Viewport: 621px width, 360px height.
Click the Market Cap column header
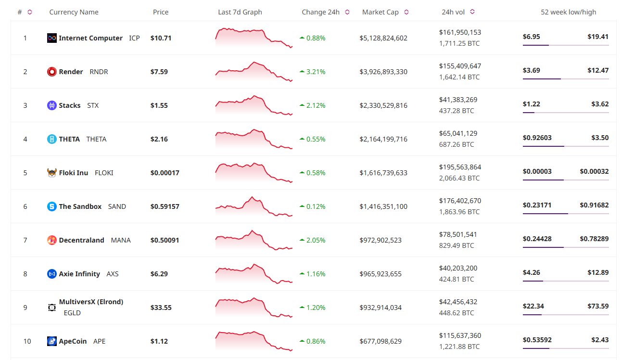click(x=380, y=12)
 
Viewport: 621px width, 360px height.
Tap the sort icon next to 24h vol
click(x=472, y=12)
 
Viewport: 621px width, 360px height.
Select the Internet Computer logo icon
click(x=52, y=38)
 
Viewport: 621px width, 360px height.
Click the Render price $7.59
click(x=159, y=72)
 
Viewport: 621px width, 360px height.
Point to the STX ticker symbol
click(x=93, y=105)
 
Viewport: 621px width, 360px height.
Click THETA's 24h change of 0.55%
click(x=316, y=139)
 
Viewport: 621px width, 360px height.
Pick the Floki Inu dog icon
click(x=52, y=173)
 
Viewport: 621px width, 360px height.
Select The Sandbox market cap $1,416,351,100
click(x=383, y=206)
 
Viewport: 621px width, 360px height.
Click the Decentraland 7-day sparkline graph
click(x=253, y=240)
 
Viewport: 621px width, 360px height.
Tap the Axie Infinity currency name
click(x=79, y=274)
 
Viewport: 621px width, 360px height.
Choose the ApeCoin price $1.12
click(x=159, y=341)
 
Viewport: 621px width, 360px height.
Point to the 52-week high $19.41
click(x=598, y=37)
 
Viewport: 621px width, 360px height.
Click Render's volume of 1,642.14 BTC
click(x=459, y=77)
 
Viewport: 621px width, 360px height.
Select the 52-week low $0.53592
click(x=537, y=340)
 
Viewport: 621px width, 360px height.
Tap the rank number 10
click(x=27, y=341)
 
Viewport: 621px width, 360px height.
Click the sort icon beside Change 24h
click(x=347, y=12)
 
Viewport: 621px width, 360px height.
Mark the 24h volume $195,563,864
click(x=460, y=167)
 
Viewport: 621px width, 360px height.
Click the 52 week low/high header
click(x=568, y=12)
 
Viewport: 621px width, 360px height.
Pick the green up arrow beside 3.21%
click(x=302, y=72)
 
